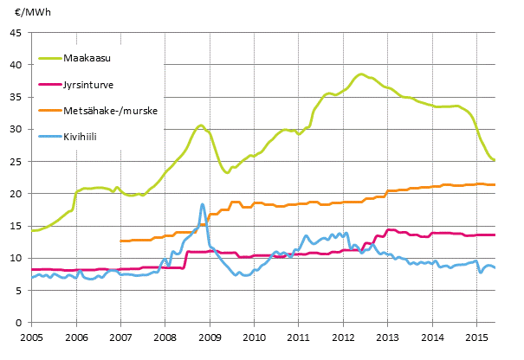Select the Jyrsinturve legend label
(x=87, y=85)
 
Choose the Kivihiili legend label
(x=81, y=137)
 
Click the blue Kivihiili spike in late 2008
(x=203, y=204)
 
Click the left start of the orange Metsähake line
(x=120, y=241)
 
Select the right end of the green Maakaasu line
(x=494, y=160)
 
